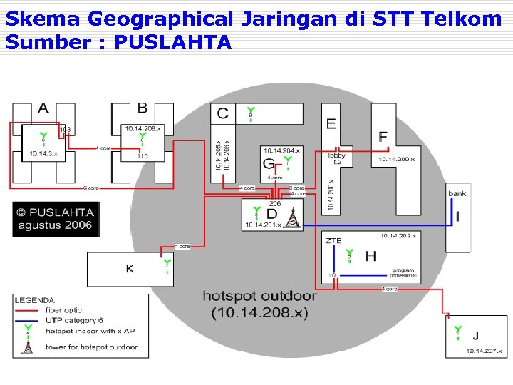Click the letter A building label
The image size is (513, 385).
pyautogui.click(x=43, y=109)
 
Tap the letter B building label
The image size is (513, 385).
pyautogui.click(x=142, y=108)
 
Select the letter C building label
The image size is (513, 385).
pyautogui.click(x=223, y=113)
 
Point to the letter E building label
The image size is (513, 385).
pyautogui.click(x=331, y=124)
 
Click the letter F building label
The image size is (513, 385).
pyautogui.click(x=383, y=137)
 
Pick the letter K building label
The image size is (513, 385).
pyautogui.click(x=129, y=269)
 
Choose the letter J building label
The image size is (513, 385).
pyautogui.click(x=475, y=337)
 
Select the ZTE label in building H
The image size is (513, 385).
pyautogui.click(x=333, y=241)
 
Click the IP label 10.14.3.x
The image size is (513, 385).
pyautogui.click(x=43, y=153)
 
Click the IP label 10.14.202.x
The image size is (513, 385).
pyautogui.click(x=398, y=235)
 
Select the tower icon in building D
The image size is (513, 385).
pyautogui.click(x=291, y=218)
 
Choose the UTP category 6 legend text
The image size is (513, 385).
pyautogui.click(x=74, y=321)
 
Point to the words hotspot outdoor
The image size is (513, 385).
pyautogui.click(x=259, y=296)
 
